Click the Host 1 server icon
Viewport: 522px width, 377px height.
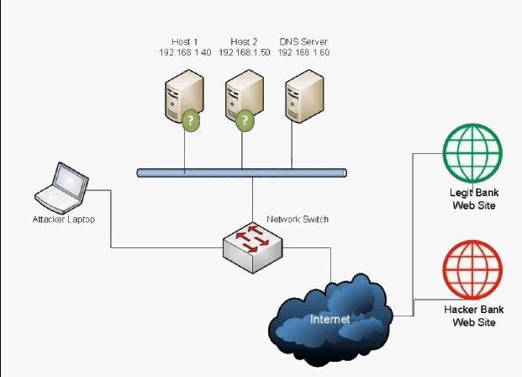(184, 96)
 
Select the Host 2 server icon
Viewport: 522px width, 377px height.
(245, 96)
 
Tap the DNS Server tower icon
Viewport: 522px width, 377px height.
(304, 96)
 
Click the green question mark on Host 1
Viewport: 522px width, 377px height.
(191, 120)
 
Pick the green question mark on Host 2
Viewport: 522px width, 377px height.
(245, 120)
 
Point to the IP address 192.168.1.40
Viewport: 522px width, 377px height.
(185, 52)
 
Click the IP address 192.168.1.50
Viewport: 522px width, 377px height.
(245, 52)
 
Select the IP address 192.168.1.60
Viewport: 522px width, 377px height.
(303, 52)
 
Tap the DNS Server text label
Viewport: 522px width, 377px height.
(303, 42)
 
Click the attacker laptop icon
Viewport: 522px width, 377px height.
(61, 188)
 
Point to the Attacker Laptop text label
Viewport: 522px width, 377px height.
(64, 220)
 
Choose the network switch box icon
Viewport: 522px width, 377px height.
(253, 247)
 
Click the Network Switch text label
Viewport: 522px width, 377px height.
(298, 219)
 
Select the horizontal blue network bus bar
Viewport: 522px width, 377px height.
(242, 173)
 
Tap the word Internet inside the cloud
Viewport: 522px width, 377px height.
(330, 319)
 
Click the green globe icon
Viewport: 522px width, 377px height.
(472, 153)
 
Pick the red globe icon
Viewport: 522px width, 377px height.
(472, 270)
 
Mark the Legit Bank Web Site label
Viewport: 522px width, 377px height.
(474, 199)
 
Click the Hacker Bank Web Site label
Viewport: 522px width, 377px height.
(474, 316)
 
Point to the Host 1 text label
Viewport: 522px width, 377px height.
(185, 42)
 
